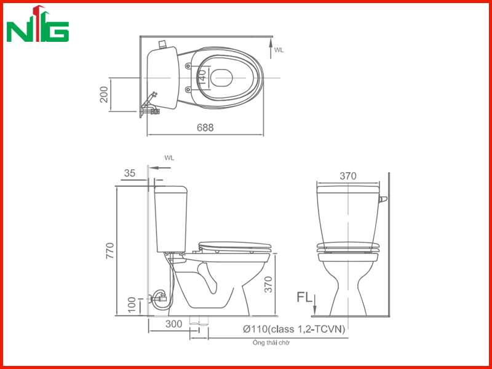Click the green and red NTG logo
tap(38, 24)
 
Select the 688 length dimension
tap(205, 127)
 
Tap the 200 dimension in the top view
tap(104, 95)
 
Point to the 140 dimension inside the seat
tap(202, 77)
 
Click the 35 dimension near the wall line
tap(130, 173)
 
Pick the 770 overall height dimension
tap(110, 251)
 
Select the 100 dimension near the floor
tap(132, 304)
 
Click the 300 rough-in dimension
tap(173, 324)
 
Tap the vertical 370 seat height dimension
tap(268, 285)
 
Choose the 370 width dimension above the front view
tap(348, 177)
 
